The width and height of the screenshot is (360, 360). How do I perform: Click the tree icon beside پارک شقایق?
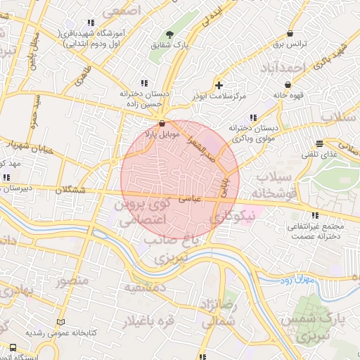click(169, 34)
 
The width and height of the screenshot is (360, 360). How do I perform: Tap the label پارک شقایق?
click(169, 44)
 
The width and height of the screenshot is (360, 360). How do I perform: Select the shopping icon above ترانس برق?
click(290, 34)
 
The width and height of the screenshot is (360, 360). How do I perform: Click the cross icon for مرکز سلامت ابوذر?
click(219, 85)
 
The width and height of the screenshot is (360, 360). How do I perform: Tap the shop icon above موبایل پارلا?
click(163, 122)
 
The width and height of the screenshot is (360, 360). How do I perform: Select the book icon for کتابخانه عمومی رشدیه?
click(60, 321)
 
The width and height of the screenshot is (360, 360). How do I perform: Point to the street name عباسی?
click(192, 199)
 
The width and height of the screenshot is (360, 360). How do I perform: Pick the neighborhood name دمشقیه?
click(145, 288)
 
